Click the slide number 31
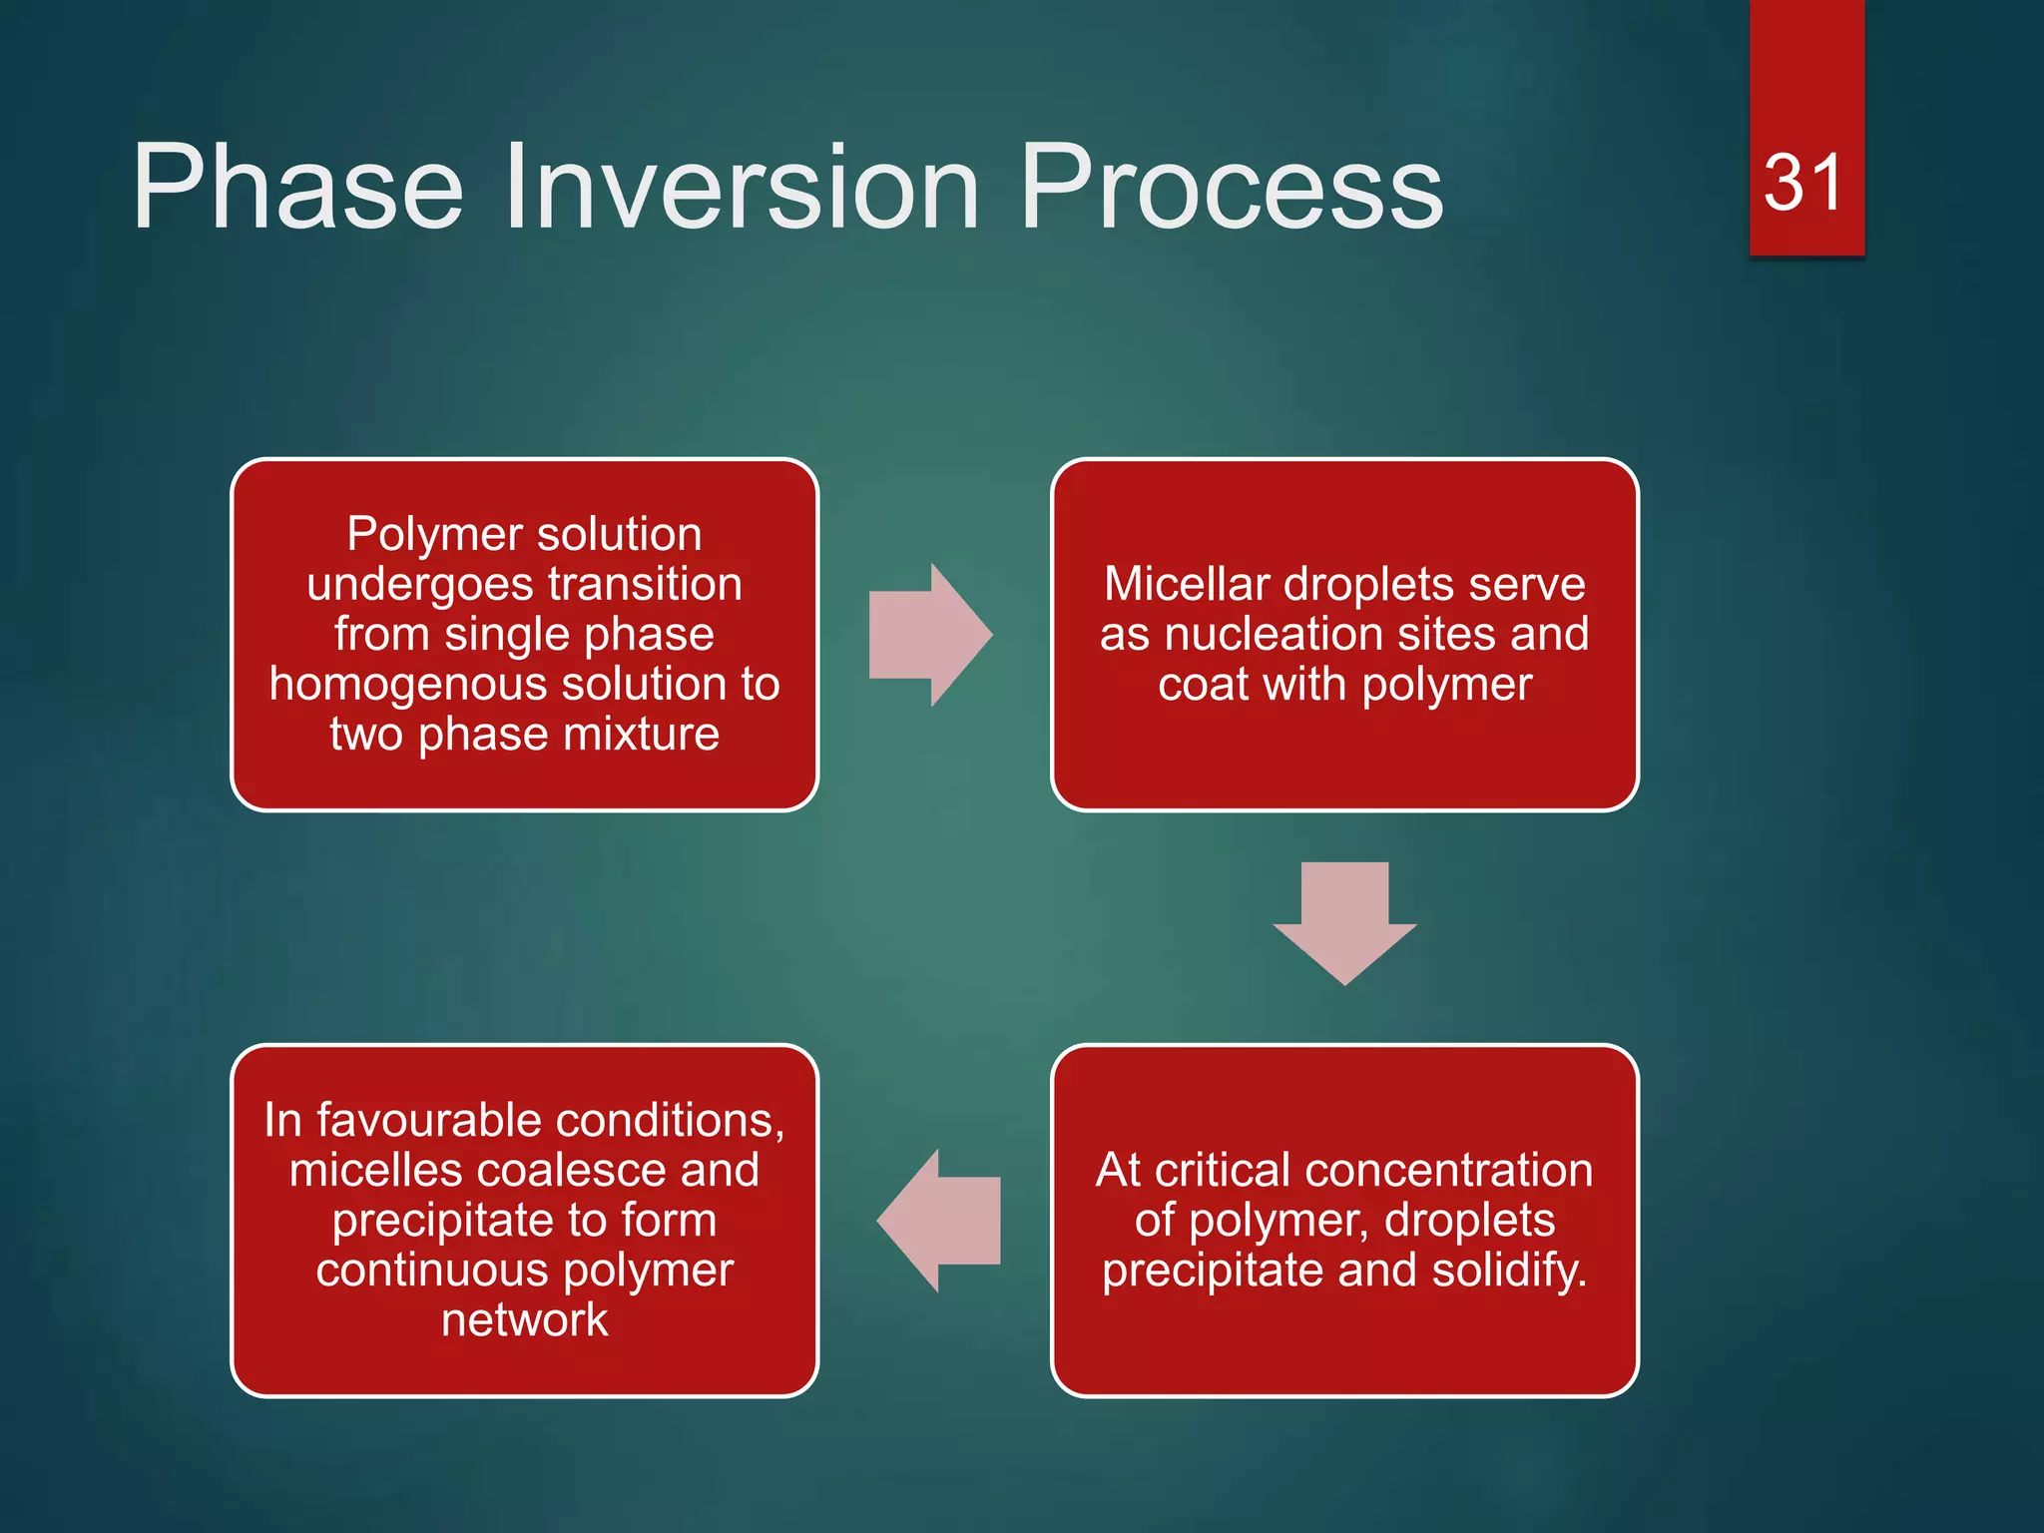pyautogui.click(x=1802, y=184)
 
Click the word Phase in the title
pyautogui.click(x=297, y=187)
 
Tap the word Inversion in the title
pyautogui.click(x=742, y=187)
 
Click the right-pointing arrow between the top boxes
pyautogui.click(x=930, y=635)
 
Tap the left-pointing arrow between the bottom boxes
pyautogui.click(x=938, y=1221)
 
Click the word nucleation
pyautogui.click(x=1315, y=635)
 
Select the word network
pyautogui.click(x=525, y=1320)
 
